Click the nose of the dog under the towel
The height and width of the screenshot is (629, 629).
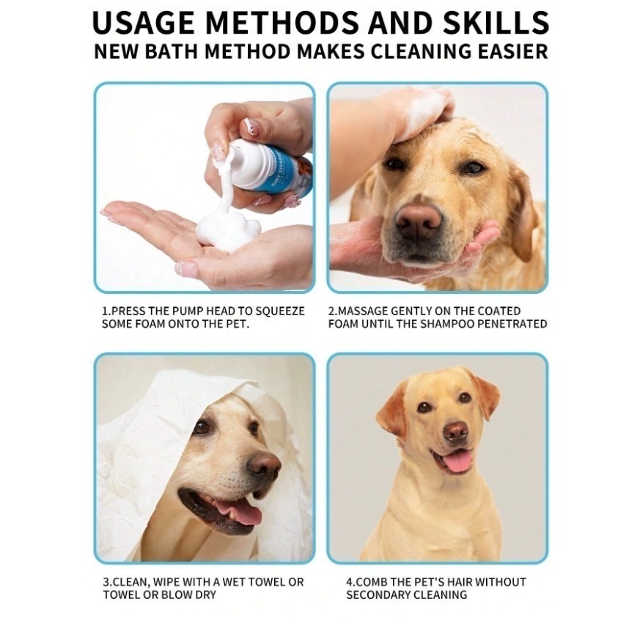264,466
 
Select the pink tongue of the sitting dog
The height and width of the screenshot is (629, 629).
458,460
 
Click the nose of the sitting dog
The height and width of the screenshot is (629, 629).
456,431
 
